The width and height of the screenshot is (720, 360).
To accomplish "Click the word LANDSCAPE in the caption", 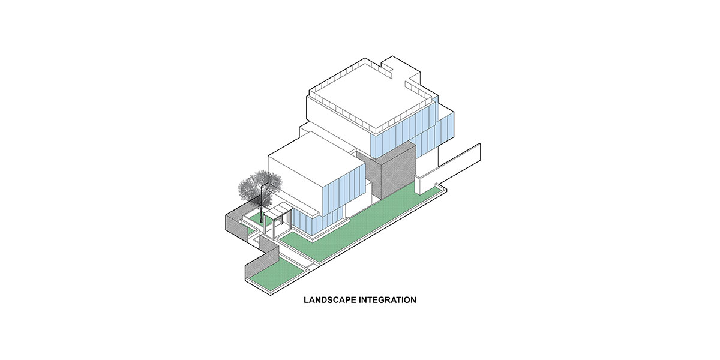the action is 330,300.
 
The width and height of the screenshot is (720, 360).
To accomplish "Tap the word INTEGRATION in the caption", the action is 388,300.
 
